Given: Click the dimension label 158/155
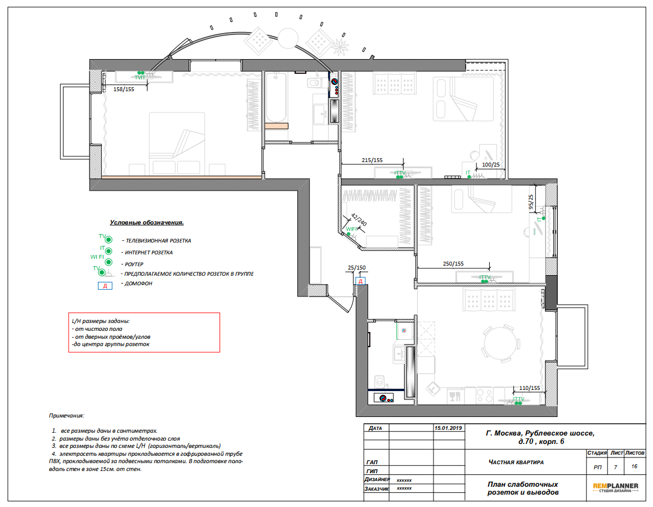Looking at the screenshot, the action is (124, 89).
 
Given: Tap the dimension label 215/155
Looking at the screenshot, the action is (372, 160).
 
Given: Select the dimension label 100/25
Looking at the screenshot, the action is (490, 164).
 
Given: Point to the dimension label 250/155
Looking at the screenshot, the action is (453, 263).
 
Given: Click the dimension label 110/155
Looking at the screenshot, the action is (529, 388).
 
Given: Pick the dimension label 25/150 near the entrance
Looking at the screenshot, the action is (356, 268).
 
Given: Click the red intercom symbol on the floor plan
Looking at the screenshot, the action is (361, 281).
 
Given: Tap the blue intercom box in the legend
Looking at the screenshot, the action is (105, 286).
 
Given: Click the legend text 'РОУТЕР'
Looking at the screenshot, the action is (133, 264).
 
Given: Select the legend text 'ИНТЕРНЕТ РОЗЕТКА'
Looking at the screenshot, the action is (149, 253).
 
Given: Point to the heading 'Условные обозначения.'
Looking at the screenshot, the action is (146, 223).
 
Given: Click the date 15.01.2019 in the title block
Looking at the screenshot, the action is (448, 428).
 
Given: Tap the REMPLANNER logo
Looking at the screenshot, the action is (615, 487).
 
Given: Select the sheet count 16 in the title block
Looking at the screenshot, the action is (634, 466).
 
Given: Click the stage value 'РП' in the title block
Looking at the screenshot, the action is (597, 468).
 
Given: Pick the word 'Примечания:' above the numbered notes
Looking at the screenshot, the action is (66, 415).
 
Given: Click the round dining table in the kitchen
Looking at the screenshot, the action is (500, 344).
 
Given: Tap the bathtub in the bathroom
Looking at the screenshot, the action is (276, 97).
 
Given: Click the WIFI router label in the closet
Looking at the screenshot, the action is (351, 229).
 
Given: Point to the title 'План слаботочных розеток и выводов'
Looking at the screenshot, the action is (522, 488).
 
